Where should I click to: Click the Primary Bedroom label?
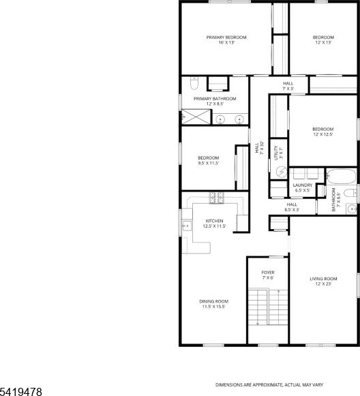point(226,37)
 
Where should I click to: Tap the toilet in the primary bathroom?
point(194,84)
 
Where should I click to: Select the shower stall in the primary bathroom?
point(196,117)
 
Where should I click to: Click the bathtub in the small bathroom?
point(341,177)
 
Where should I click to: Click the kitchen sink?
point(187,226)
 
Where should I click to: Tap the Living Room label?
point(323,279)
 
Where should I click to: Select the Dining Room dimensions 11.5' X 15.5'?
point(213,307)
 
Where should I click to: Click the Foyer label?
point(268,273)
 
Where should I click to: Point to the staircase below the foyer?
point(268,307)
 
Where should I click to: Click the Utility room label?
point(276,153)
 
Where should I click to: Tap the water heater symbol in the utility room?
point(281,172)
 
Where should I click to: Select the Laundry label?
point(303,185)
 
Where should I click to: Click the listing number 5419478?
point(21,392)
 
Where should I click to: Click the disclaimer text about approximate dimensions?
point(269,385)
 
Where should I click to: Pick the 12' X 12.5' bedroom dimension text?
point(323,134)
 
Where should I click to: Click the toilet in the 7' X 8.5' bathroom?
point(350,194)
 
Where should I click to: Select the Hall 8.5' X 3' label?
point(292,207)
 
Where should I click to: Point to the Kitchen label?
point(214,221)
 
